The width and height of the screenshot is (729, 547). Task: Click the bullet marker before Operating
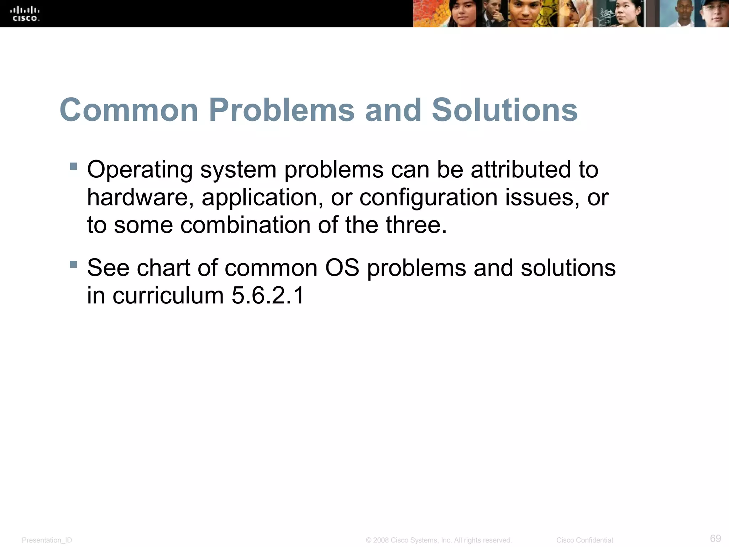click(74, 166)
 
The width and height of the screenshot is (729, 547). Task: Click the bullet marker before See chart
click(74, 265)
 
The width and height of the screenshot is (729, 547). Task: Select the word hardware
click(137, 197)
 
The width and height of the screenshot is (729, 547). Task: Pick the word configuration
click(429, 197)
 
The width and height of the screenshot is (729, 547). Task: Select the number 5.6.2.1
click(268, 296)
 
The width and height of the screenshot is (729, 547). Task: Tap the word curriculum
click(168, 296)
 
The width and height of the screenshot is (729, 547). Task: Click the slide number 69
click(715, 538)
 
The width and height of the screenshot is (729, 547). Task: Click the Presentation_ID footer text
click(47, 540)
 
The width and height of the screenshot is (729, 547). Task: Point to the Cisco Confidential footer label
click(584, 540)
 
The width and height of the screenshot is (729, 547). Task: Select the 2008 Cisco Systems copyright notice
click(439, 540)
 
